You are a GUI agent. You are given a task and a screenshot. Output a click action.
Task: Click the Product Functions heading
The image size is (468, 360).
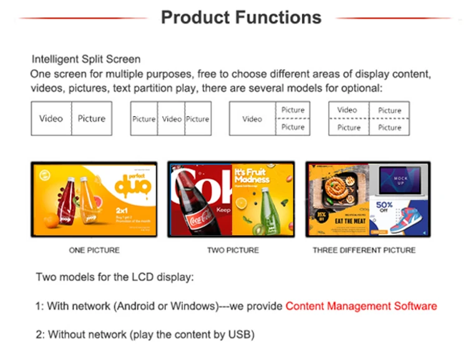[x=241, y=17]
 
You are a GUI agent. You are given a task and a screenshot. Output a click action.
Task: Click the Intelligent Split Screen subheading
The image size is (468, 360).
[x=86, y=60]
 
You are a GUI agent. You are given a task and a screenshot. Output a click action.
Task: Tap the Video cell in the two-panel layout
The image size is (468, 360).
[x=51, y=119]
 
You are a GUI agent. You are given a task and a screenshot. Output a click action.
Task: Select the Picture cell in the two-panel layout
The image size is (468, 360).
[x=92, y=119]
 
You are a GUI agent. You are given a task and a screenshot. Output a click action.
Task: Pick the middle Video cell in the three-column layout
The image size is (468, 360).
[x=172, y=119]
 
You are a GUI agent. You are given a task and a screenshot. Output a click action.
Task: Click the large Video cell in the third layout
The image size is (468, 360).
[x=252, y=119]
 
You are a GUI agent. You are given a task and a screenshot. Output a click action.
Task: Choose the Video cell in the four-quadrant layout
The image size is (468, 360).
[x=348, y=110]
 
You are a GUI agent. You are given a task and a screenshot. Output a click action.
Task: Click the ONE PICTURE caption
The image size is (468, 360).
[x=94, y=250]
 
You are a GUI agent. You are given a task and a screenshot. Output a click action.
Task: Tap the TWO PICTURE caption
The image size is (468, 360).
[x=233, y=250]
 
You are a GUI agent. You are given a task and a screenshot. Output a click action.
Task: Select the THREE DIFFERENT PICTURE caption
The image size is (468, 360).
[x=364, y=250]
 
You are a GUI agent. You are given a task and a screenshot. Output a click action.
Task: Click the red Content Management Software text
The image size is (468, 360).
[x=361, y=306]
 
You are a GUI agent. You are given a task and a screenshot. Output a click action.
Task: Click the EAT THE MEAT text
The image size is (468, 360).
[x=336, y=221]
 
